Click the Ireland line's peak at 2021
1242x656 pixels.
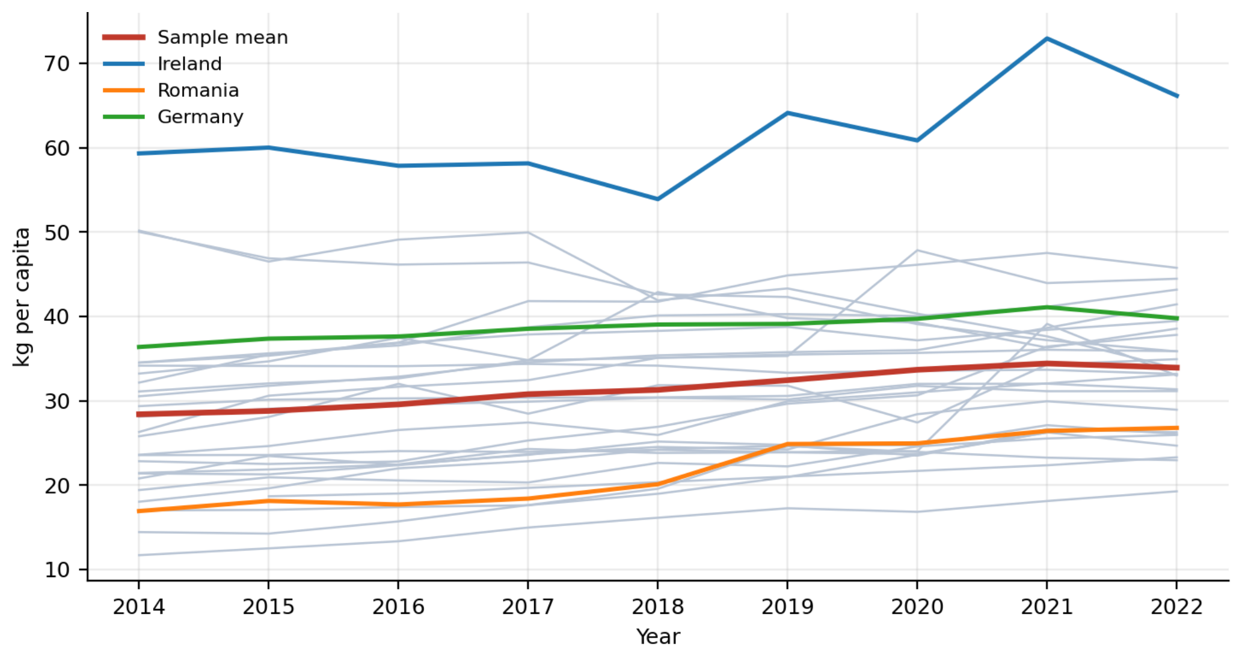[1047, 39]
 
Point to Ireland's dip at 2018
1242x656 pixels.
[657, 199]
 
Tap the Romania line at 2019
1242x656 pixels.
[787, 444]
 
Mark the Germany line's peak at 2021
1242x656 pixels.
[1047, 307]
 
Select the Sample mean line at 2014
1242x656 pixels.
[139, 414]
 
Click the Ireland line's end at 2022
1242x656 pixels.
[1176, 96]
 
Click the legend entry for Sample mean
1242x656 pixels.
[195, 37]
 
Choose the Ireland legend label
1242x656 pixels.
[189, 64]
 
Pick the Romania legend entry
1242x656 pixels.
[171, 90]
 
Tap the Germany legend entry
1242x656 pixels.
[173, 117]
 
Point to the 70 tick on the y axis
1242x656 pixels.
[57, 63]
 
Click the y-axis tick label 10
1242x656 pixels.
[57, 569]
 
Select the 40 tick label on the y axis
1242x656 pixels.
[57, 316]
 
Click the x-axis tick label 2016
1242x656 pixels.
[398, 607]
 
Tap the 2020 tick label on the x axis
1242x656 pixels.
[917, 607]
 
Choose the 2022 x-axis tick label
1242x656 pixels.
[1176, 607]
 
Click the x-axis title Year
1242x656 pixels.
[658, 637]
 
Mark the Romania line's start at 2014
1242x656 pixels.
[139, 511]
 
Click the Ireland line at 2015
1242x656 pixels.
[268, 147]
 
